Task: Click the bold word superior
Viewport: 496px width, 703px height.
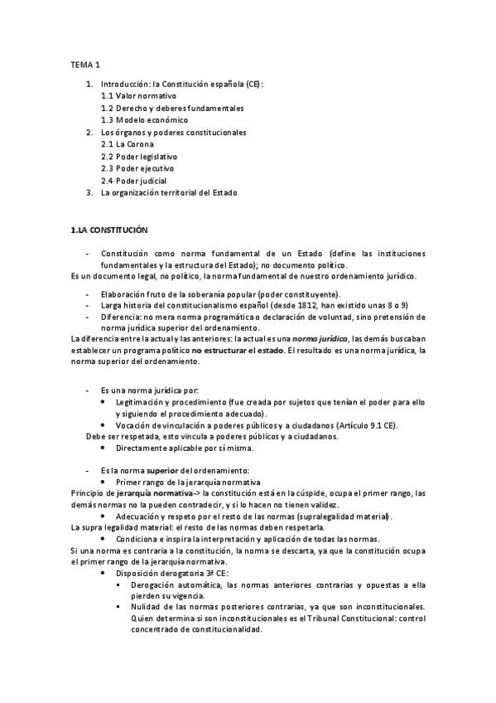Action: point(162,470)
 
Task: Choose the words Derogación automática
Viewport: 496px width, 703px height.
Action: point(171,584)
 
